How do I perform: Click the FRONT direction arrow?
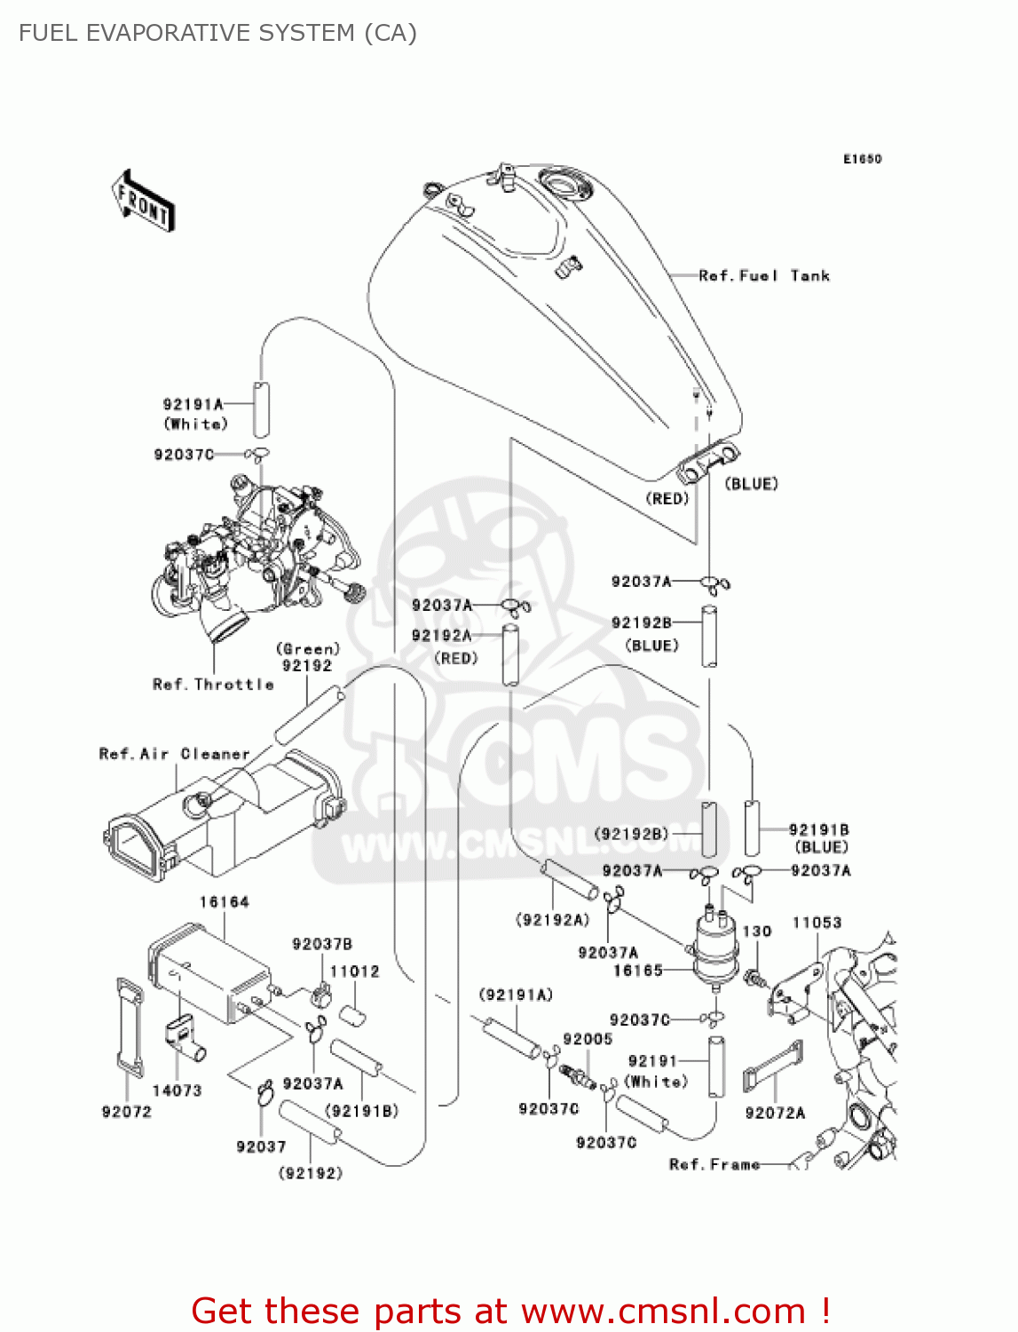[x=143, y=201]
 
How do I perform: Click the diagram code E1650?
[x=862, y=159]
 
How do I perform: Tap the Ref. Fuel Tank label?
[x=763, y=276]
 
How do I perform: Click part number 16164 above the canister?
[x=224, y=902]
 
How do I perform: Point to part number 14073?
[x=177, y=1090]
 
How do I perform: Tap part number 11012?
[x=354, y=971]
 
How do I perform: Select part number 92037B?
[x=322, y=944]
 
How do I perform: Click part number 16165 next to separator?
[x=637, y=971]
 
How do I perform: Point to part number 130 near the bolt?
[x=756, y=932]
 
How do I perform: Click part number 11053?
[x=817, y=923]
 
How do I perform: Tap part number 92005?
[x=588, y=1039]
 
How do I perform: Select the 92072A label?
[x=775, y=1113]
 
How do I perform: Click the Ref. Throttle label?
[x=213, y=685]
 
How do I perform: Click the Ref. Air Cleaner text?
[x=174, y=754]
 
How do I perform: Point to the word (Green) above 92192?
[x=307, y=649]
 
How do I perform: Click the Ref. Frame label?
[x=714, y=1164]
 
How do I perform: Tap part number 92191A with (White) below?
[x=193, y=404]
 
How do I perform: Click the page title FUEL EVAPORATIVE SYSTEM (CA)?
[x=217, y=33]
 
